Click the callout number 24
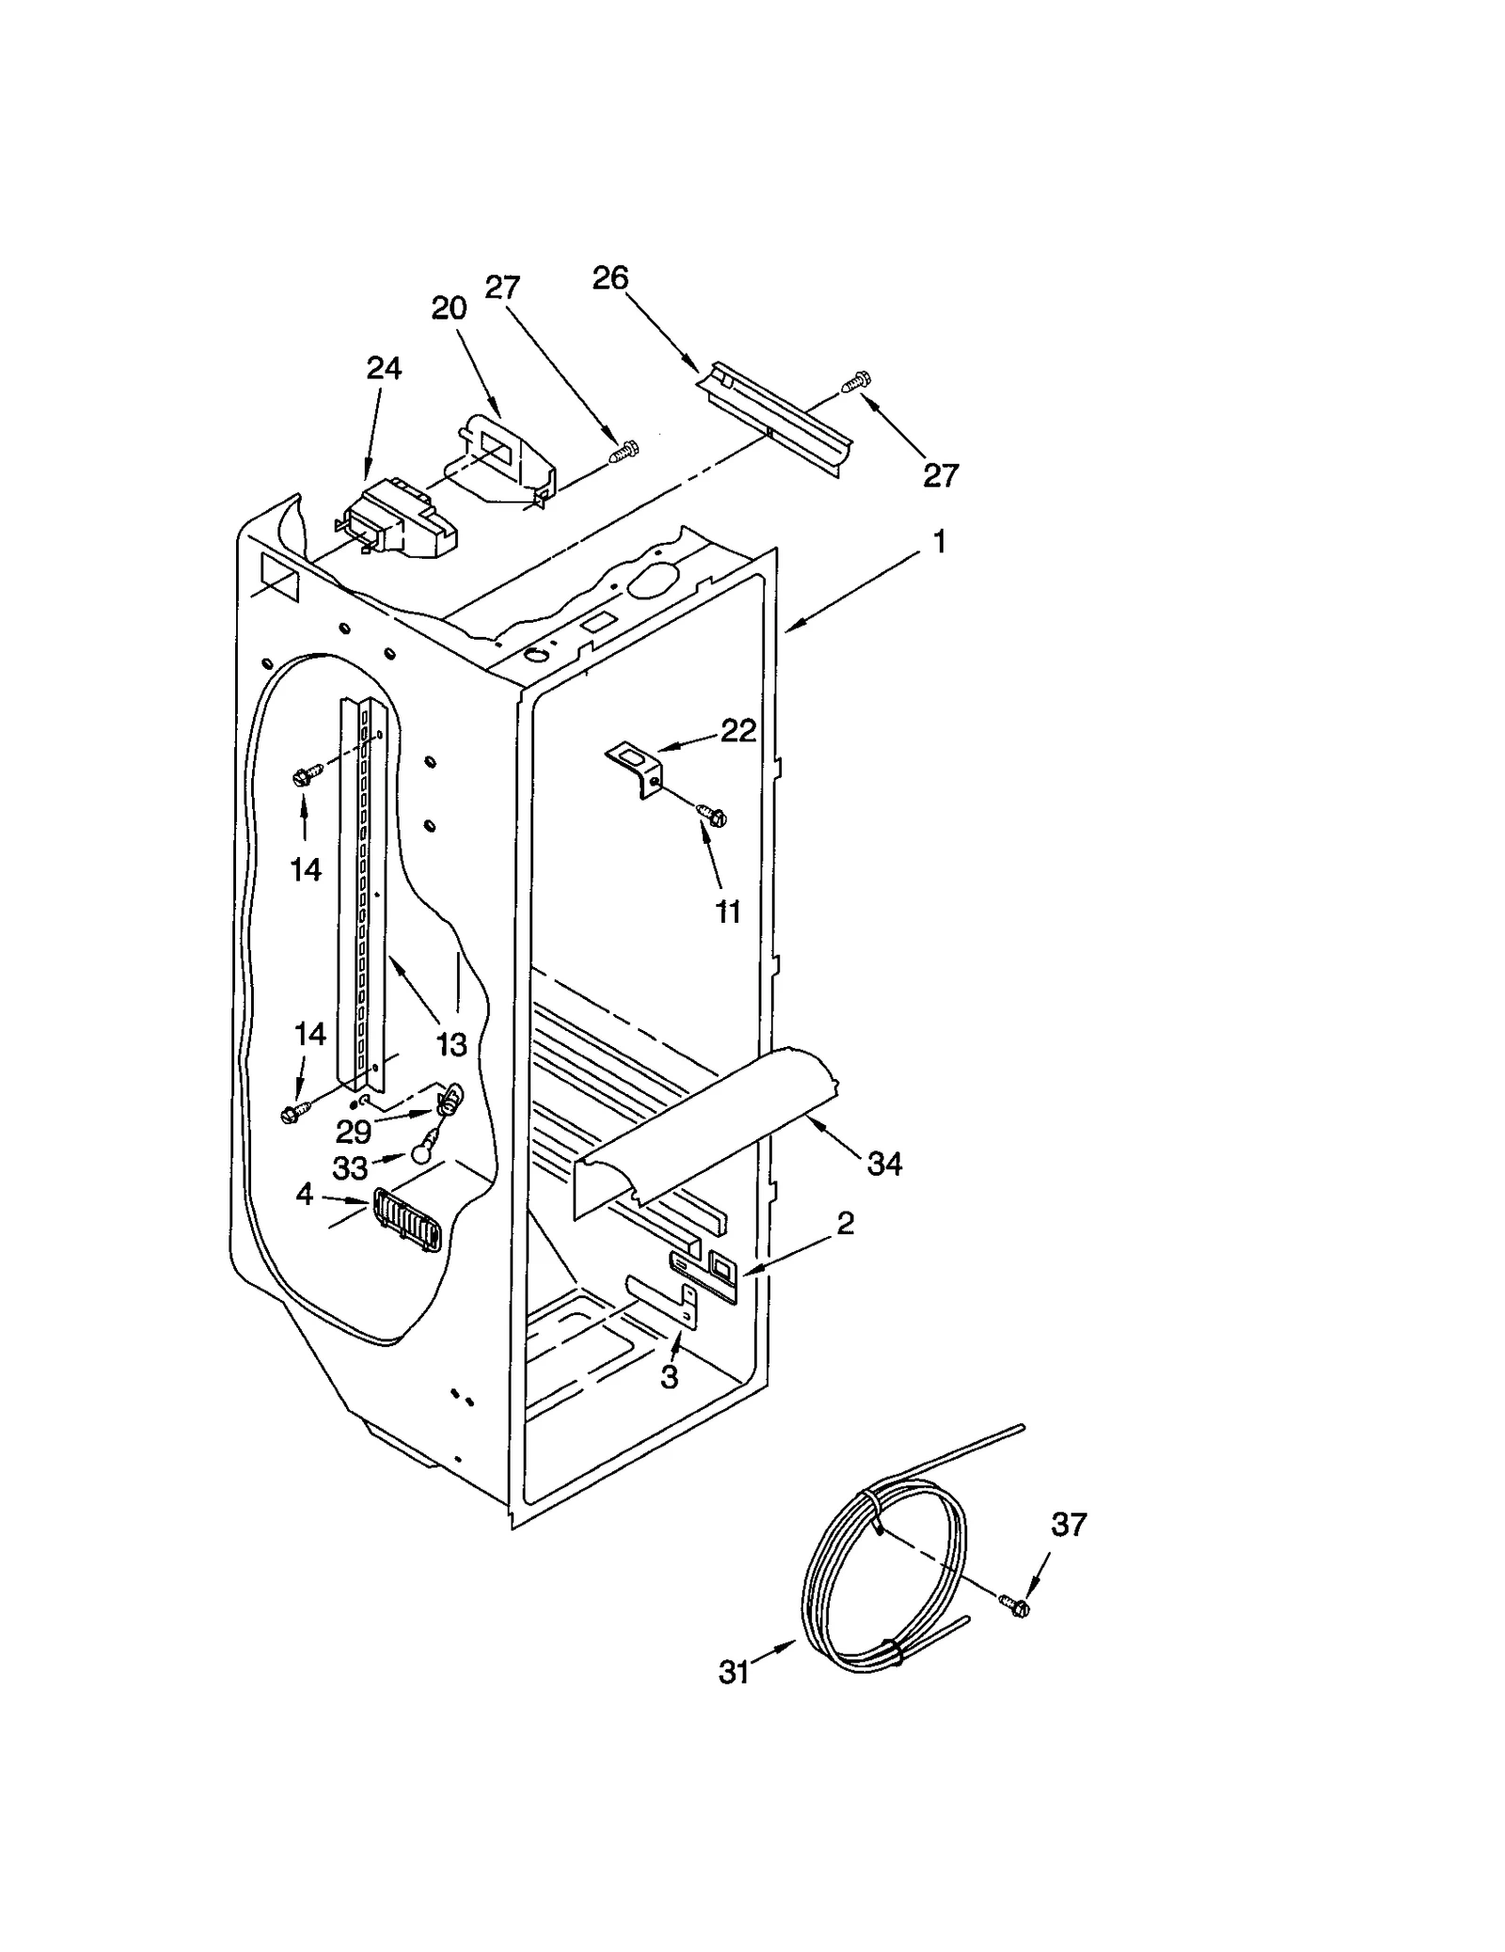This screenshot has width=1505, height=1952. [x=384, y=369]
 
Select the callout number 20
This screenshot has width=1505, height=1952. [x=449, y=308]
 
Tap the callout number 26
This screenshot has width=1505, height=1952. [x=610, y=278]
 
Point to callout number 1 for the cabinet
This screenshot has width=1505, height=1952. [x=938, y=543]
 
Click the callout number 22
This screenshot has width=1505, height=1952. [x=738, y=730]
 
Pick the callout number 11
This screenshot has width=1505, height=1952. [x=728, y=912]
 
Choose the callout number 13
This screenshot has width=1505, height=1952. [x=451, y=1043]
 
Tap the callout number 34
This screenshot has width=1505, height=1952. [x=884, y=1164]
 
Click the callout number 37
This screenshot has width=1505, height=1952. [x=1069, y=1525]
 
